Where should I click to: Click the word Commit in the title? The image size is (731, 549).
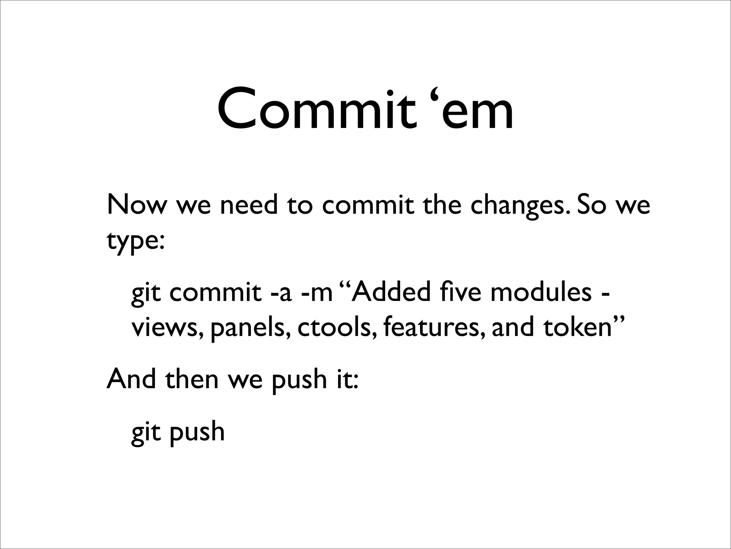coord(317,109)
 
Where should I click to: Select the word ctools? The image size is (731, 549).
coord(337,327)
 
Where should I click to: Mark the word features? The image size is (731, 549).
coord(434,327)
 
